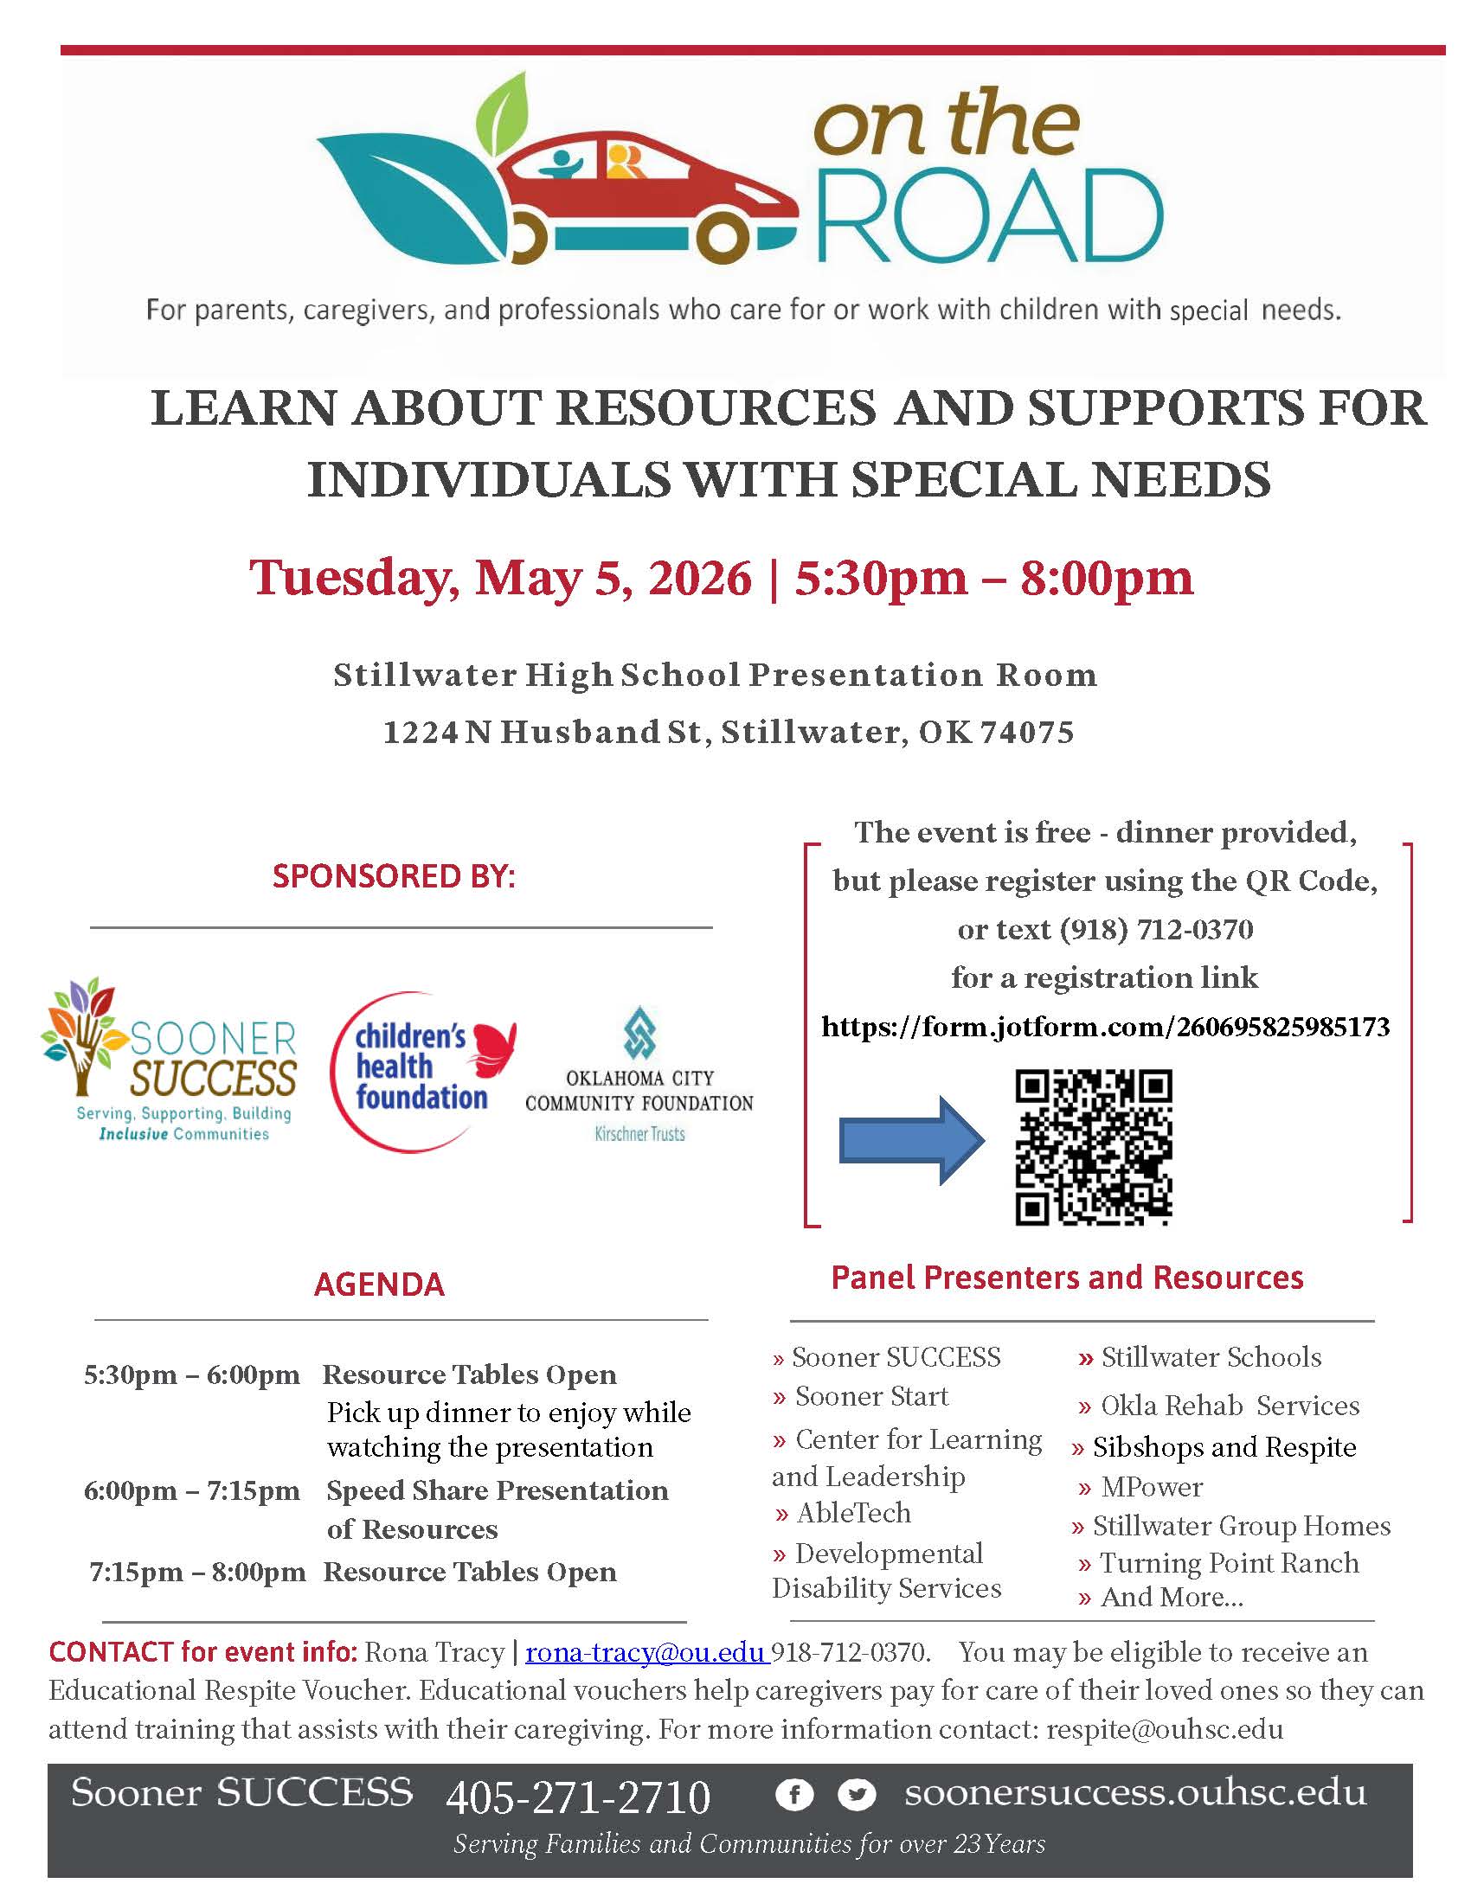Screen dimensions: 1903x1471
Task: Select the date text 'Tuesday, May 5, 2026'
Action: tap(500, 578)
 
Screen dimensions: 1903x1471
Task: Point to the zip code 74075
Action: tap(1027, 732)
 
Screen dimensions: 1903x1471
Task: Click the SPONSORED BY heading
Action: tap(394, 875)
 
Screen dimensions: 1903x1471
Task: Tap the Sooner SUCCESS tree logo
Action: tap(80, 1035)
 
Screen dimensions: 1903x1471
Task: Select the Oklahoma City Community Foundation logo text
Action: tap(639, 1091)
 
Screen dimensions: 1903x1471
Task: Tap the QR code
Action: tap(1093, 1147)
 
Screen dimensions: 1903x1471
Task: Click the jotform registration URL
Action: tap(1105, 1027)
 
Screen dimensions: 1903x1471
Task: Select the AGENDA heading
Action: tap(379, 1285)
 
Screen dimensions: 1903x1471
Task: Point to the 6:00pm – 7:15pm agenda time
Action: tap(192, 1490)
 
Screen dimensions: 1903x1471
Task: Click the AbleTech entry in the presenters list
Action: tap(853, 1513)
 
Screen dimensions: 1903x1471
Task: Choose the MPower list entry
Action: tap(1150, 1486)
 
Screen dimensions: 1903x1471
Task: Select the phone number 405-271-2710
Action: tap(578, 1797)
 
